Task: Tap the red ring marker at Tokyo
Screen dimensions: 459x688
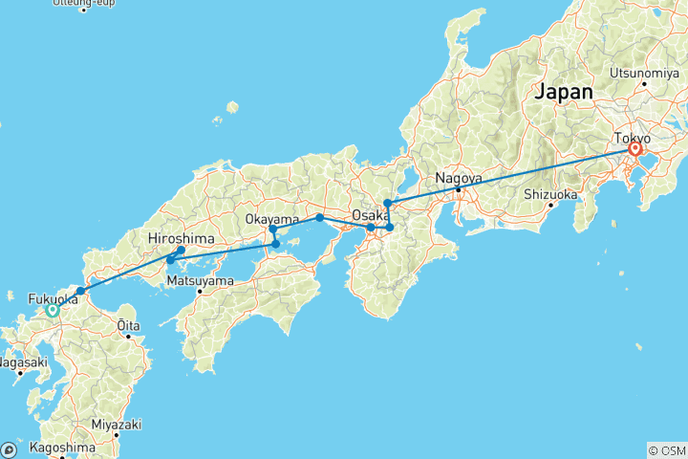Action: (634, 149)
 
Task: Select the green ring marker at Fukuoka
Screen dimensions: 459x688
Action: (53, 309)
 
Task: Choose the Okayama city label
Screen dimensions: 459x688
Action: (273, 219)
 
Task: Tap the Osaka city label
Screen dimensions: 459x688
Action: (370, 215)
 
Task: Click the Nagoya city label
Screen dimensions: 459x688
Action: (459, 178)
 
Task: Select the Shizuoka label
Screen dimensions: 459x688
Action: (550, 194)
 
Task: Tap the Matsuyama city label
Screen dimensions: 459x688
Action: (200, 281)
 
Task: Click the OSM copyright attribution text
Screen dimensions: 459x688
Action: (666, 450)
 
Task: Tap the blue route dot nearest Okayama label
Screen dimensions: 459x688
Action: (272, 229)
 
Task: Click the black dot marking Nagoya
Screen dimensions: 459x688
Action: (459, 189)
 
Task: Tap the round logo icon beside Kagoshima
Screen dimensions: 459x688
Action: (9, 449)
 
